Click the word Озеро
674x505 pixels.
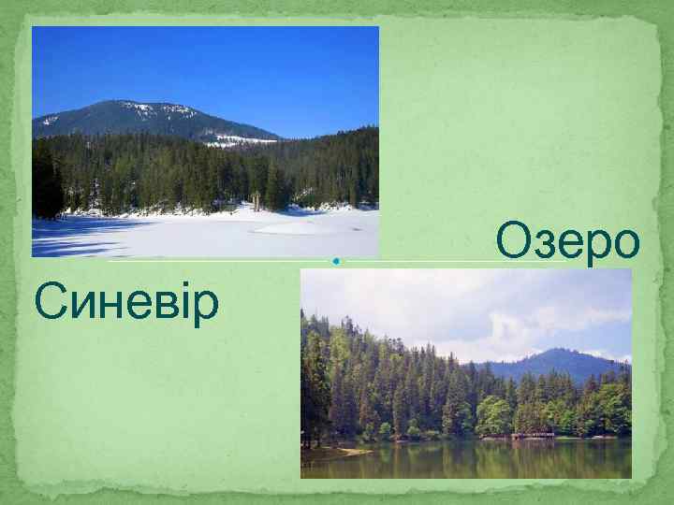tap(568, 241)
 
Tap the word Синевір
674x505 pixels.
tap(126, 302)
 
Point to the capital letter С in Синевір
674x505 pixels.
tap(49, 302)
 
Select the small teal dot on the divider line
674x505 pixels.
tap(334, 261)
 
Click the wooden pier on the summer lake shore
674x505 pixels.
tap(533, 435)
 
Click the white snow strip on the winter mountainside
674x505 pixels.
tap(239, 141)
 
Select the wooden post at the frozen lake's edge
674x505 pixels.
tap(255, 200)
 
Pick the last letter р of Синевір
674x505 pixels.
tap(206, 307)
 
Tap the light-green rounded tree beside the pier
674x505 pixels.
tap(493, 416)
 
